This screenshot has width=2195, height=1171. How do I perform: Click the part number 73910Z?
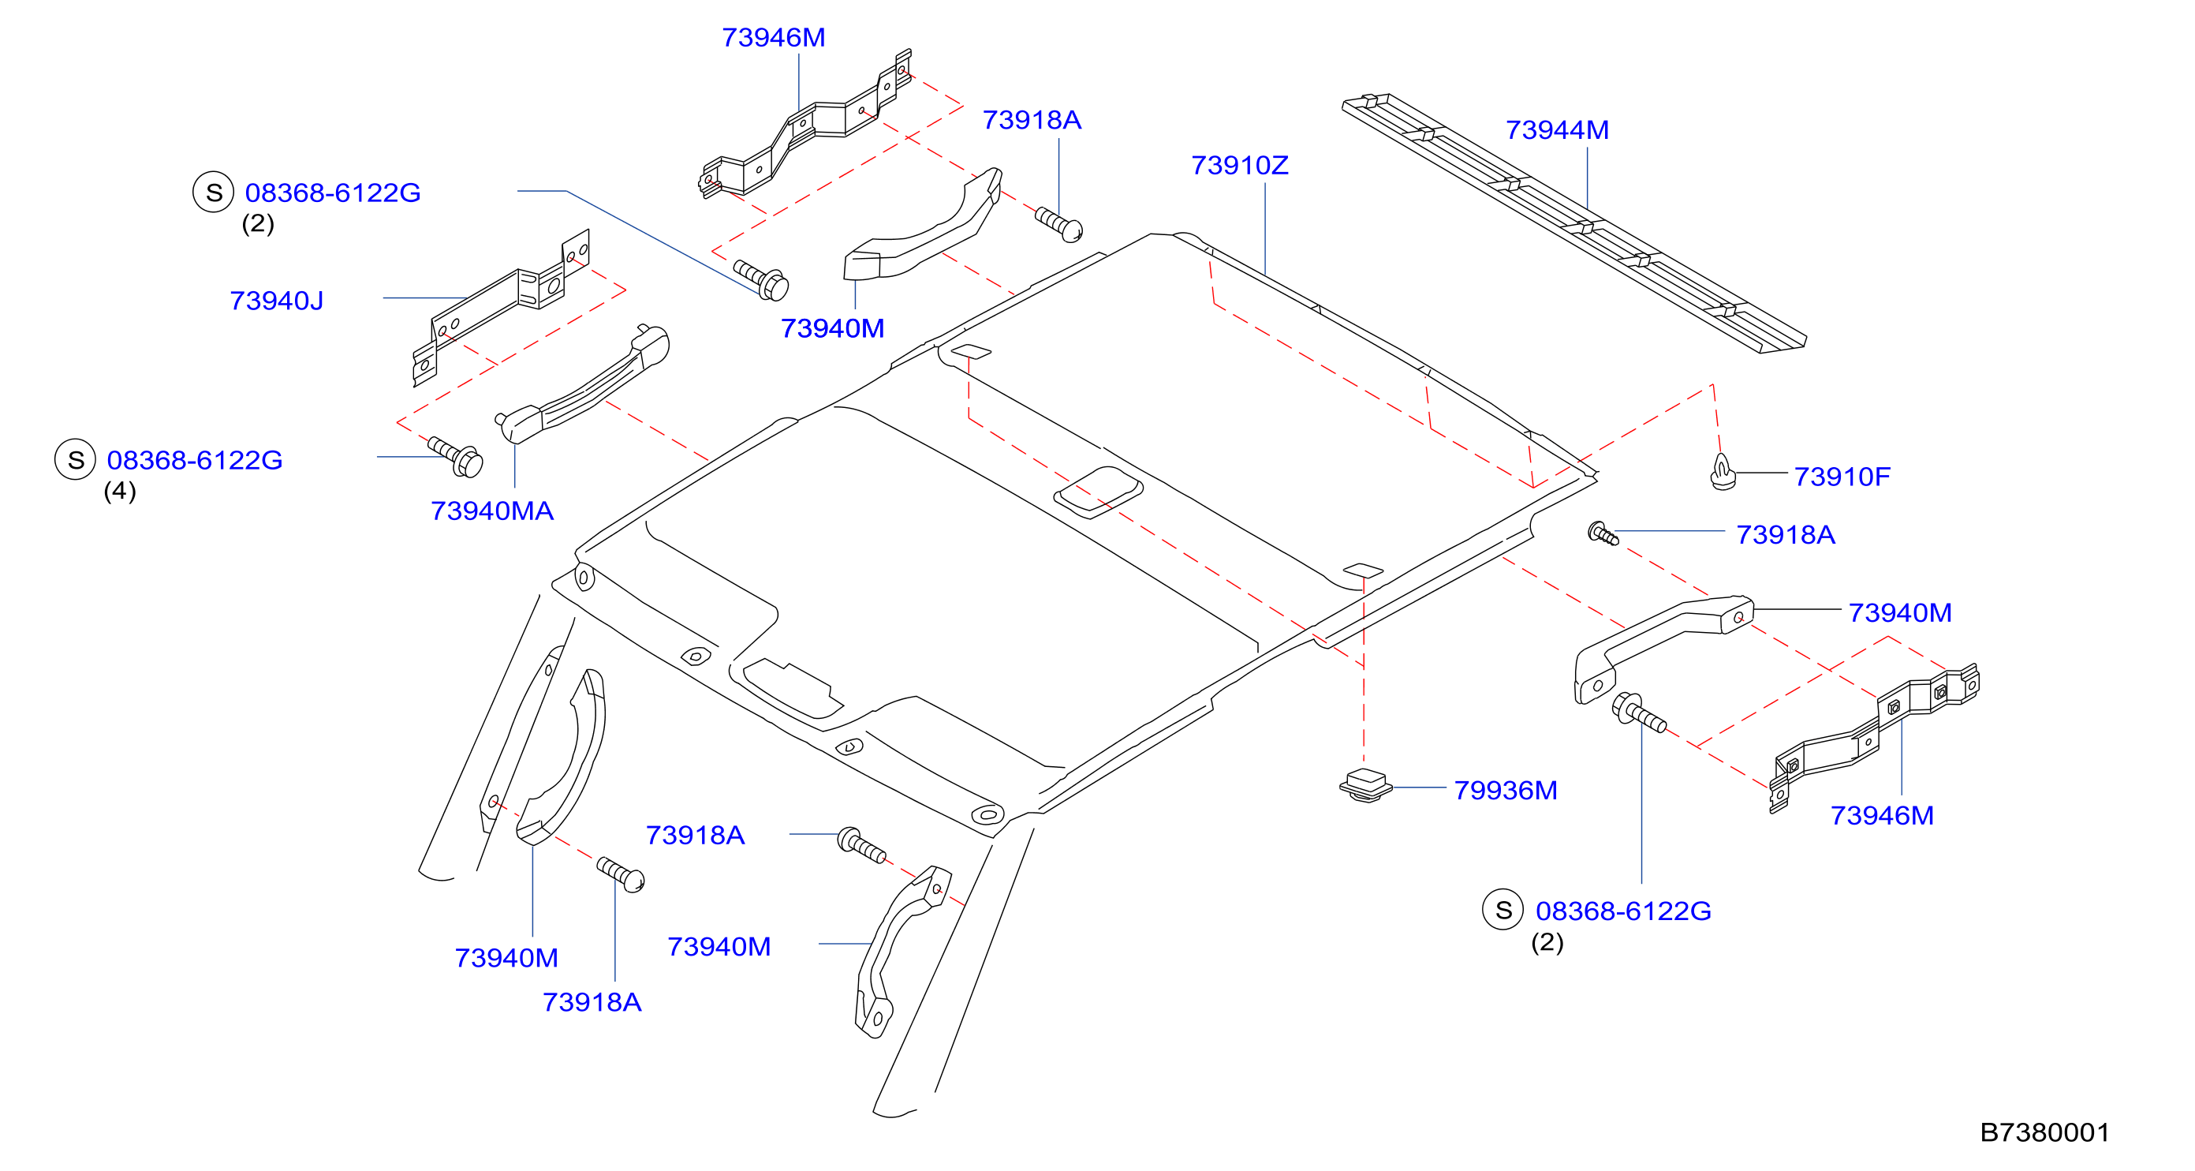click(x=1239, y=166)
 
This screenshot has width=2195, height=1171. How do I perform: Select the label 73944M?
click(x=1557, y=129)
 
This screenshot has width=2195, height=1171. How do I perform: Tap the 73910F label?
click(x=1842, y=477)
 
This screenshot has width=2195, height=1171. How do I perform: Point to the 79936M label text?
click(x=1505, y=790)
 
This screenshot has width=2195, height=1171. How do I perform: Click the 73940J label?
click(x=276, y=301)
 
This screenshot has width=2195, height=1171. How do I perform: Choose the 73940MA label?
click(x=491, y=511)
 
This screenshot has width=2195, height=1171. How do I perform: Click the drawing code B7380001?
click(x=2044, y=1132)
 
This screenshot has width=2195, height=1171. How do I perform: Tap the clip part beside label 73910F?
click(x=1723, y=473)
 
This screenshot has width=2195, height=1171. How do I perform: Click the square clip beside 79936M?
click(x=1365, y=785)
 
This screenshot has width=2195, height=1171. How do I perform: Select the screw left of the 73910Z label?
click(x=1059, y=224)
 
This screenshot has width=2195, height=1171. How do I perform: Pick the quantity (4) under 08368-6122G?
click(x=119, y=491)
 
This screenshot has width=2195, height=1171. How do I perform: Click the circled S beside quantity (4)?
click(x=75, y=459)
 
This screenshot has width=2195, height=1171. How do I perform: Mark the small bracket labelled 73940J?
click(x=500, y=307)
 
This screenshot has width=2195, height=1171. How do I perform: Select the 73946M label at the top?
click(x=773, y=38)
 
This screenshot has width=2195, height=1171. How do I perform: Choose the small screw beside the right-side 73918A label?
click(x=1603, y=534)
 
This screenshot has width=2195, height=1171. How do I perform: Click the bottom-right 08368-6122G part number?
click(x=1623, y=911)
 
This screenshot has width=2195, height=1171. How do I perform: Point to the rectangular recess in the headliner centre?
click(x=1099, y=492)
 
